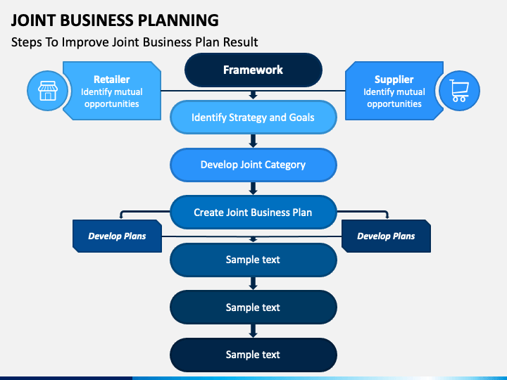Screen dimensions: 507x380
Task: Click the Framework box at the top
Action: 254,70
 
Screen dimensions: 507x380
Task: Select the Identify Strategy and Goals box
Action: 254,118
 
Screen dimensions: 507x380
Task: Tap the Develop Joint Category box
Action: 254,165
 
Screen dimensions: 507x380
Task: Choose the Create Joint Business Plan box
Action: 254,213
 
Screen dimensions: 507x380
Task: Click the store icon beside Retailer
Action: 48,91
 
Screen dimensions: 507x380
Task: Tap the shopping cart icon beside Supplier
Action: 459,91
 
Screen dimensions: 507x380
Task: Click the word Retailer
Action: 111,80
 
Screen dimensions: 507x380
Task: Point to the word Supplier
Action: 394,80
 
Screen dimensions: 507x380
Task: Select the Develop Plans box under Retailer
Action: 117,236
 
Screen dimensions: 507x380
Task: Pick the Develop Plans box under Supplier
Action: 386,236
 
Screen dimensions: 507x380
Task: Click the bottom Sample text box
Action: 254,355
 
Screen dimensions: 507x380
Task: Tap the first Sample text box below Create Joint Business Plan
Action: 254,260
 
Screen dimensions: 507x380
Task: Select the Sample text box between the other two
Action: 254,308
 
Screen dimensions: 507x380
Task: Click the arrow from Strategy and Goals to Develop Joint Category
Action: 254,141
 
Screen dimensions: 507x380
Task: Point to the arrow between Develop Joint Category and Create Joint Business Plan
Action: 254,189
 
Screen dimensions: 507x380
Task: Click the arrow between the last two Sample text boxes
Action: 254,331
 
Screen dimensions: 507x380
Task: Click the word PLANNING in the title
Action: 178,20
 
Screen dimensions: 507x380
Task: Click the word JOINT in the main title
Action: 33,20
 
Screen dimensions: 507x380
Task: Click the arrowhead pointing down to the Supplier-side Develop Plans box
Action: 387,217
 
